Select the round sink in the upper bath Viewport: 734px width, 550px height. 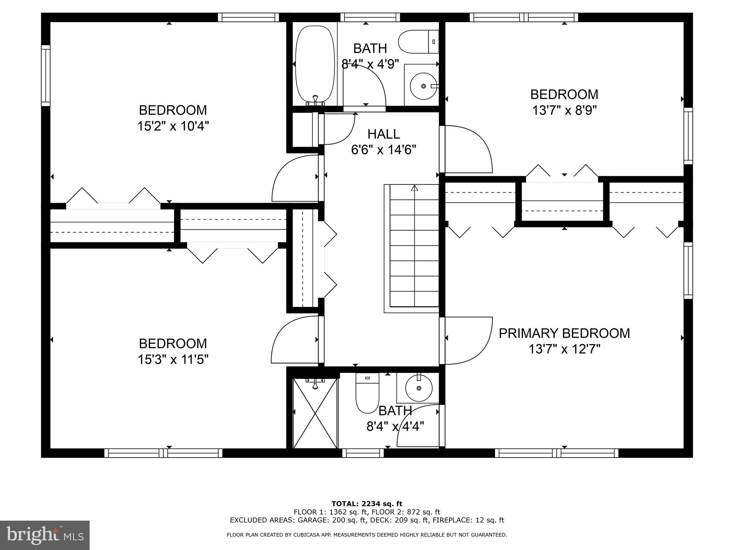424,86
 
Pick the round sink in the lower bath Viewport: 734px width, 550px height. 419,388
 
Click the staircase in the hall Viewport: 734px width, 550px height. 414,247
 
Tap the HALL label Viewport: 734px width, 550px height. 383,134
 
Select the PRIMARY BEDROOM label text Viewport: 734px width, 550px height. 564,333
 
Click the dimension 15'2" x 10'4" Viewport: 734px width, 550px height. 173,126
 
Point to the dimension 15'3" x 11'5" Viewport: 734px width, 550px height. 173,359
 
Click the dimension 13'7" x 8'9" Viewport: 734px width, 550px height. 564,110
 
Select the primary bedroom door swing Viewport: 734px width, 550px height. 468,340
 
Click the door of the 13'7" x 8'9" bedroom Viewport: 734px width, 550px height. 466,149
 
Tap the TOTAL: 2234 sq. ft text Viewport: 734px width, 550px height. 367,504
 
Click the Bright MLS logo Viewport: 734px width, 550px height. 45,535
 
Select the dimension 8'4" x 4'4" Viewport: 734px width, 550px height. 395,426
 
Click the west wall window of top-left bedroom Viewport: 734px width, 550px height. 46,75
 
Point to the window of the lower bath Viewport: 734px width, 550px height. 363,453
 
